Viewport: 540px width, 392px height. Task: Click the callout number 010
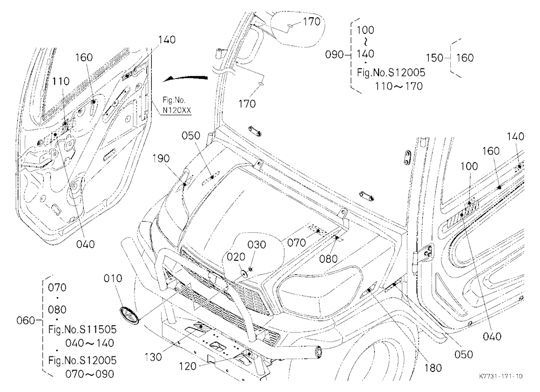coord(113,278)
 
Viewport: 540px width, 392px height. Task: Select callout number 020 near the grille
coord(236,256)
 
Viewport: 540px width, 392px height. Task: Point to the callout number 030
coord(257,245)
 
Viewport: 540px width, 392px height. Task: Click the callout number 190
coord(161,158)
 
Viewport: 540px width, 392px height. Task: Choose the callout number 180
coord(433,368)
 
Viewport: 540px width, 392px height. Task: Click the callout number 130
coord(153,357)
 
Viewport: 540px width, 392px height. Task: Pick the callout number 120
coord(188,366)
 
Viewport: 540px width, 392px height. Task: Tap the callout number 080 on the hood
coord(328,258)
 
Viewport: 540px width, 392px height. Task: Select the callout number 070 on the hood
coord(296,242)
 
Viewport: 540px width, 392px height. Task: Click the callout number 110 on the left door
coord(61,82)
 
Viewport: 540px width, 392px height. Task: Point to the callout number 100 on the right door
coord(469,166)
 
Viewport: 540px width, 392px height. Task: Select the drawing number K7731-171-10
coord(501,376)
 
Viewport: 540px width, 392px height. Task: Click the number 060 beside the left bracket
coord(26,320)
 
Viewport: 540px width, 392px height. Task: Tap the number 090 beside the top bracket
coord(335,55)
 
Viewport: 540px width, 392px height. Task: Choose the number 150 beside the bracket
coord(435,58)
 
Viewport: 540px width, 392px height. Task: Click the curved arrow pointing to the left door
coord(185,78)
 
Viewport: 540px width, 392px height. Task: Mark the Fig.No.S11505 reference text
coord(82,329)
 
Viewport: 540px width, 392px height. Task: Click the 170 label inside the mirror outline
coord(312,22)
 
